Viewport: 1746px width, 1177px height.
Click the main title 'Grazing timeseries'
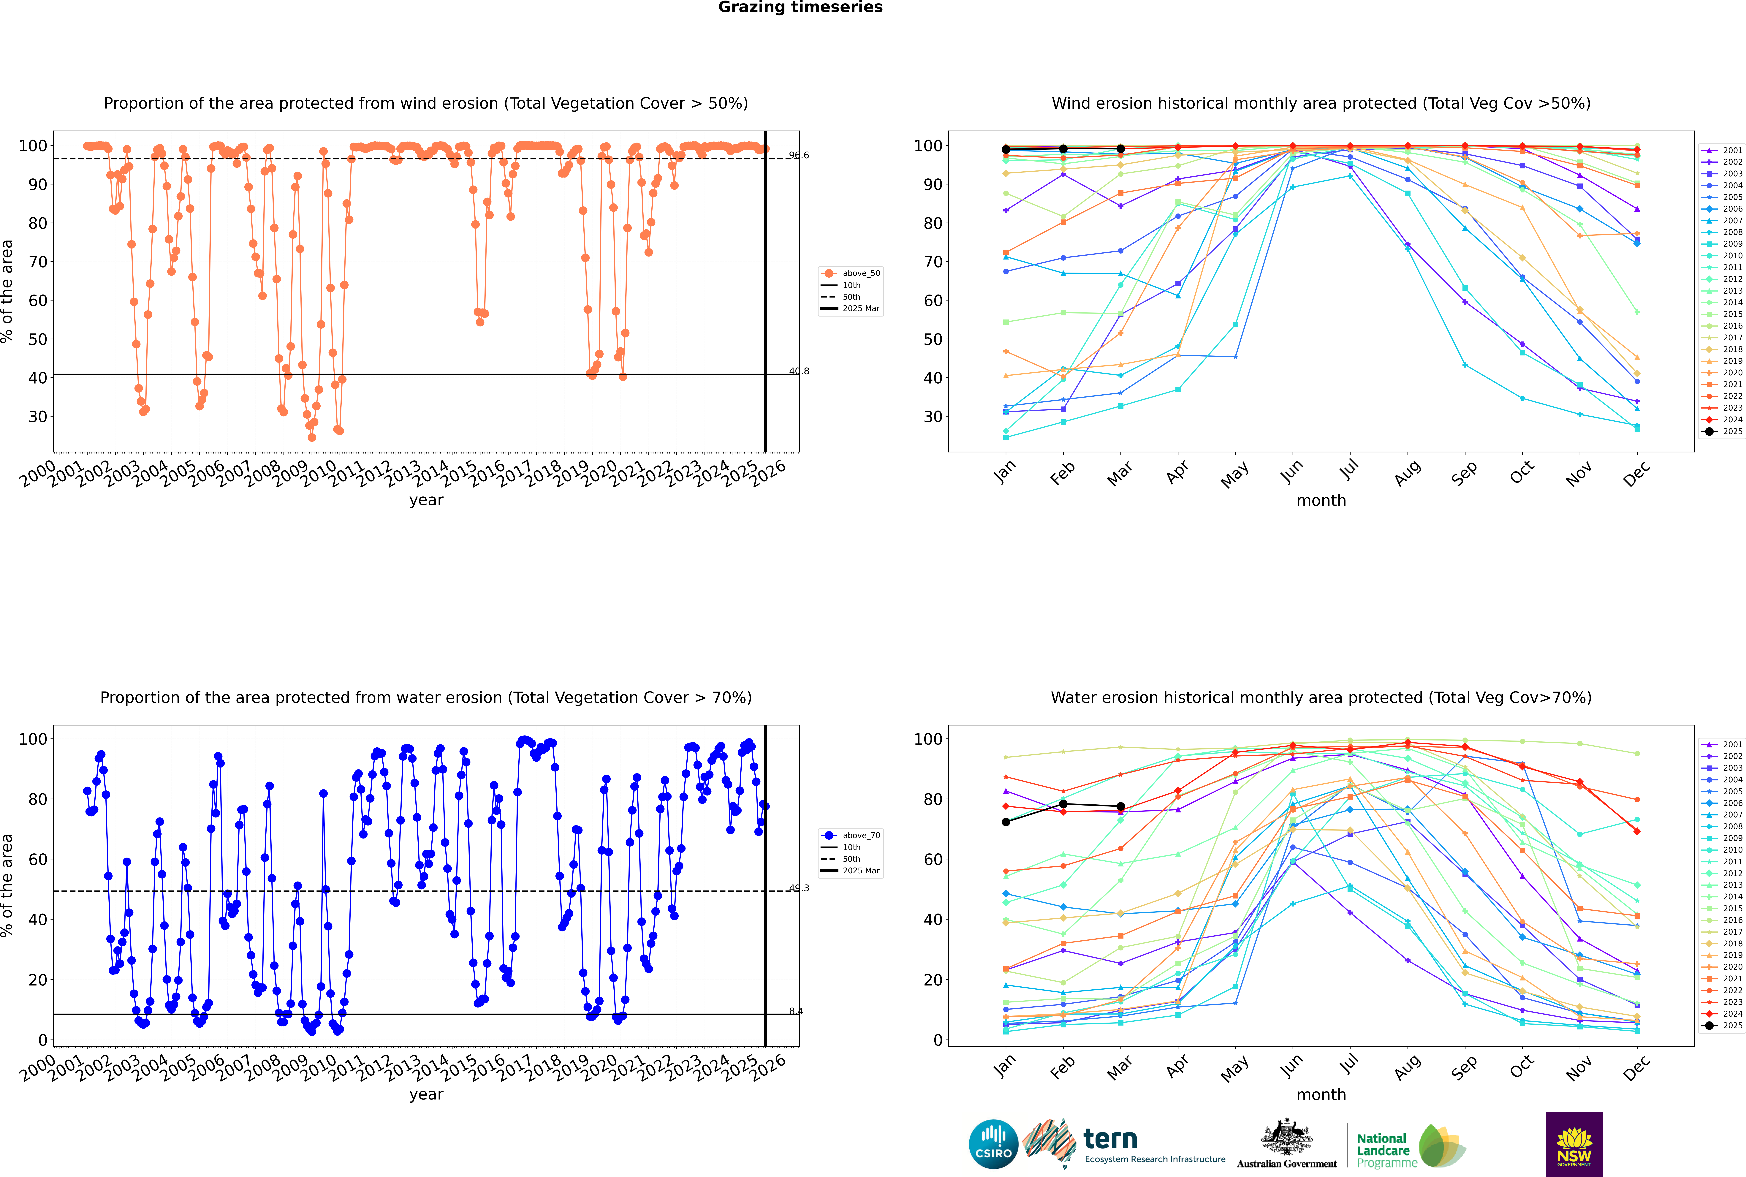tap(800, 7)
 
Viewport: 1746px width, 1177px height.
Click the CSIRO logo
tap(993, 1144)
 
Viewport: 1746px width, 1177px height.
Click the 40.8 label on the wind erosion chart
tap(799, 371)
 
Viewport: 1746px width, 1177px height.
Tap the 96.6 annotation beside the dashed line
tap(799, 155)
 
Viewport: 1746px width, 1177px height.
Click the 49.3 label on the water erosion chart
tap(799, 888)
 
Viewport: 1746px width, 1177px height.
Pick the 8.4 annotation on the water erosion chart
tap(796, 1011)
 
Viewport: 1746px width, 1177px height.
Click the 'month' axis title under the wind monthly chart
tap(1321, 501)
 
